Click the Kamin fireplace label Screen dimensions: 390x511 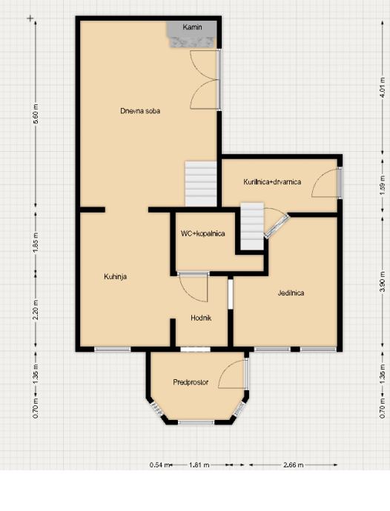[x=192, y=27]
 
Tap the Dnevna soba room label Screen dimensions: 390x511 [x=140, y=111]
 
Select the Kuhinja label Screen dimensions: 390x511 [x=115, y=277]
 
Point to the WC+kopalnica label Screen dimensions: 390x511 [x=202, y=233]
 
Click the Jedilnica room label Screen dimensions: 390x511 [x=291, y=293]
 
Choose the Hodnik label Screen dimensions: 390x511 [x=201, y=318]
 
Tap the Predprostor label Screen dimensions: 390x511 [x=191, y=382]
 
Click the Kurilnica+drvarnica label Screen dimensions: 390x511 [x=272, y=182]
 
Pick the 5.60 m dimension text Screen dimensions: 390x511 [x=36, y=113]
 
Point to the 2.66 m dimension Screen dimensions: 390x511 [x=293, y=465]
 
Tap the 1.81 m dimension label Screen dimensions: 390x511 [x=199, y=465]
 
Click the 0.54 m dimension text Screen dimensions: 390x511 [x=160, y=465]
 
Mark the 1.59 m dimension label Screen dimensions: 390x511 [x=384, y=186]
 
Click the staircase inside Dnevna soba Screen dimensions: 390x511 [x=201, y=184]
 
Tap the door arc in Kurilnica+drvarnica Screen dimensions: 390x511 [x=324, y=183]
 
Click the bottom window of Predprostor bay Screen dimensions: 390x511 [x=196, y=422]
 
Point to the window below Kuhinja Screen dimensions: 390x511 [x=113, y=350]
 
